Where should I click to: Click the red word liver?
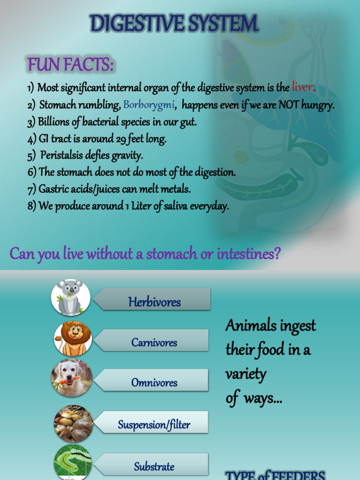(302, 87)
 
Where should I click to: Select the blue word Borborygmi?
(149, 105)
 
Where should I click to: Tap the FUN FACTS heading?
(70, 64)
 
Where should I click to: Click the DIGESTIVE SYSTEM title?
(174, 23)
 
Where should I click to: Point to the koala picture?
(71, 297)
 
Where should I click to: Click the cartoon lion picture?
(73, 338)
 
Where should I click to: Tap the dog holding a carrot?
(72, 378)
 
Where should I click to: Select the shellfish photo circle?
(73, 423)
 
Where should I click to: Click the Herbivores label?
(154, 302)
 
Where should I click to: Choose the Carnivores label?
(154, 342)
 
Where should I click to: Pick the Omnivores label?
(154, 382)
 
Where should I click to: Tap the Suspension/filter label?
(154, 425)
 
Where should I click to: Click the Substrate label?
(154, 466)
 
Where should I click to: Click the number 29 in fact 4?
(121, 139)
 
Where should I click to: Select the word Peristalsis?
(61, 155)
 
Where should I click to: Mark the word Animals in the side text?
(248, 325)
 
